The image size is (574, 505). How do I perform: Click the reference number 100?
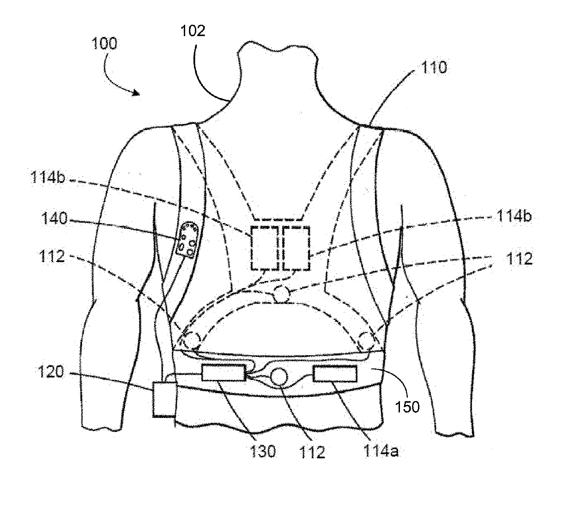click(x=104, y=44)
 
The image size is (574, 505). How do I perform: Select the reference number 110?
click(x=434, y=67)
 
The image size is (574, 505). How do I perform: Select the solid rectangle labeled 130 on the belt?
click(x=224, y=373)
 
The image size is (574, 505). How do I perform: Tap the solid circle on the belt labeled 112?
click(x=279, y=377)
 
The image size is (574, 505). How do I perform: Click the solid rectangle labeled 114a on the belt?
click(x=335, y=374)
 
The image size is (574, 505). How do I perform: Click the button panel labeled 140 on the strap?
click(x=188, y=239)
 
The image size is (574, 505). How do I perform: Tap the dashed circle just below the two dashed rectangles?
click(x=282, y=294)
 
